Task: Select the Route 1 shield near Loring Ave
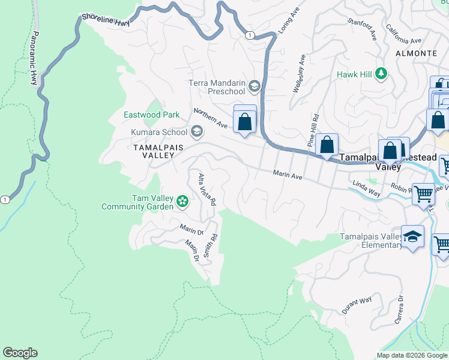pyautogui.click(x=249, y=36)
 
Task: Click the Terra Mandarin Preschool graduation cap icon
pyautogui.click(x=254, y=88)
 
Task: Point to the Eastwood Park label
pyautogui.click(x=151, y=115)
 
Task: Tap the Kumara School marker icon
pyautogui.click(x=197, y=132)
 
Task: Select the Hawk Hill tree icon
pyautogui.click(x=380, y=74)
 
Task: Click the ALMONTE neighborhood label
pyautogui.click(x=415, y=53)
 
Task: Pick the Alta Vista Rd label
pyautogui.click(x=206, y=190)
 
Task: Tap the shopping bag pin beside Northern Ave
pyautogui.click(x=245, y=122)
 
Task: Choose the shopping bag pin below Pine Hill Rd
pyautogui.click(x=327, y=145)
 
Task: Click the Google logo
pyautogui.click(x=20, y=353)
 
